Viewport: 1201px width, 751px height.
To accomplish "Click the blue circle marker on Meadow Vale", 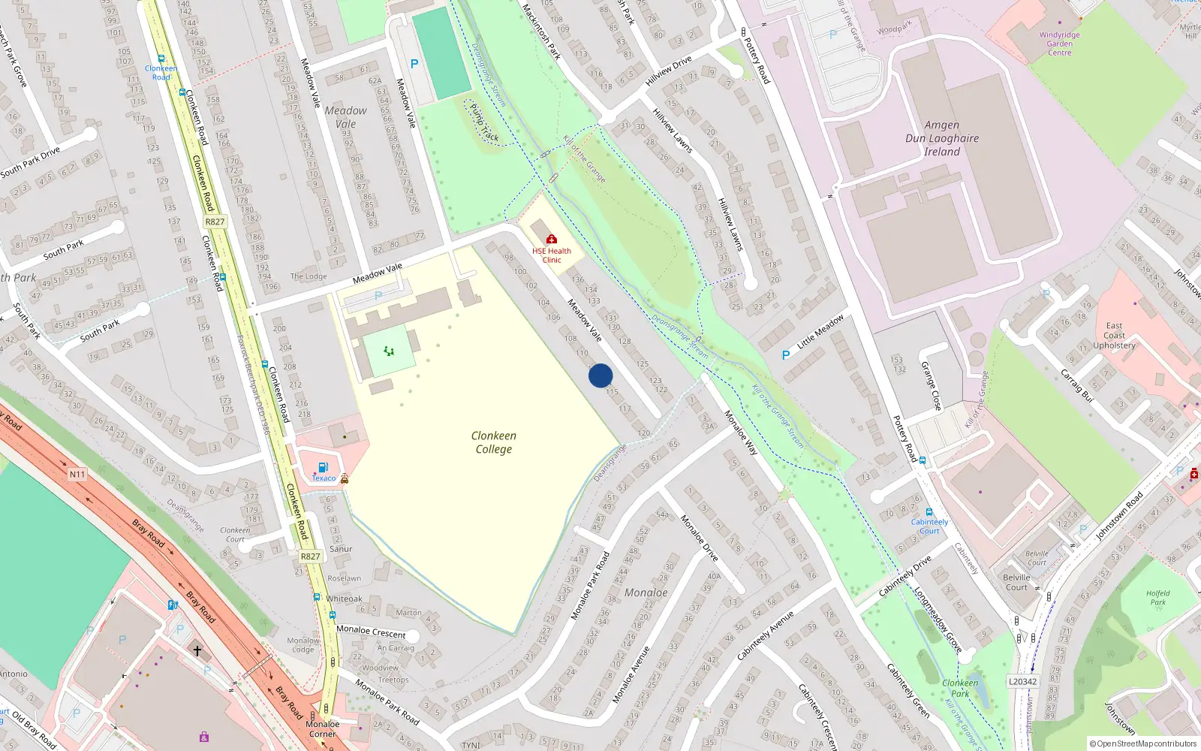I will [600, 375].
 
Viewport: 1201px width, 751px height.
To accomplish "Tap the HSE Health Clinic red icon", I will [552, 240].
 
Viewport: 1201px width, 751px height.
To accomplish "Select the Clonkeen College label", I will [493, 442].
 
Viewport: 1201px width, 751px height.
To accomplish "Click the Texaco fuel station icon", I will [324, 467].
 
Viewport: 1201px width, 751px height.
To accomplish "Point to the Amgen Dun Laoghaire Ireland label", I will [942, 138].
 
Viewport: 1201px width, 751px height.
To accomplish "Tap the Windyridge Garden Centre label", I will [1059, 44].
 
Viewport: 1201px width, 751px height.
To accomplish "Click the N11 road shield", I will [77, 475].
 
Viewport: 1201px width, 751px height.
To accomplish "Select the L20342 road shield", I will [1022, 682].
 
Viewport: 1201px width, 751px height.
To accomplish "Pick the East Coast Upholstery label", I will [1114, 336].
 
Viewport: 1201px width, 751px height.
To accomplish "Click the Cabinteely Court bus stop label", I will [929, 526].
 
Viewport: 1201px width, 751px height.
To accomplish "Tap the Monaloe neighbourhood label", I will [646, 593].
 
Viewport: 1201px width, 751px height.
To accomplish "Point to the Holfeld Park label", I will [1157, 598].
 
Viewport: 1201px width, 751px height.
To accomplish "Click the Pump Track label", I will [484, 123].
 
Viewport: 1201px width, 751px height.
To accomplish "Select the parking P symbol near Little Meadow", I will [786, 355].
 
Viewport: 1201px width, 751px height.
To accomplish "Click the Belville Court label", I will [1017, 583].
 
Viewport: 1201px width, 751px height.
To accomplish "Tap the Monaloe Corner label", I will [323, 729].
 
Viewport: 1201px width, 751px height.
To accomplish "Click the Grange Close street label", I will [931, 386].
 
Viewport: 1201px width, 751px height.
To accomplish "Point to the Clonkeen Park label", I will [960, 688].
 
